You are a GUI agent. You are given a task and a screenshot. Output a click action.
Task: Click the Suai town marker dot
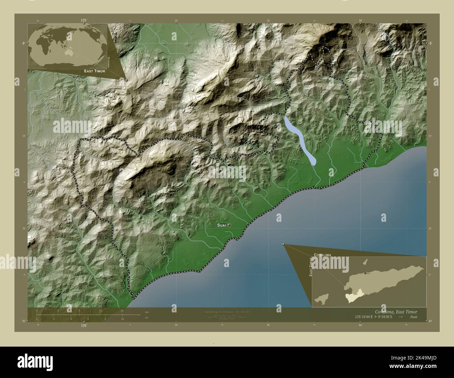pyautogui.click(x=229, y=226)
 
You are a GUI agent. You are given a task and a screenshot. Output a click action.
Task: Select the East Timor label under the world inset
pyautogui.click(x=95, y=71)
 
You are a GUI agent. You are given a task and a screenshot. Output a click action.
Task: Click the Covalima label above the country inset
pyautogui.click(x=322, y=255)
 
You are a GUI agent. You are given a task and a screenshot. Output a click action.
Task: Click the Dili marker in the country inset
pyautogui.click(x=366, y=273)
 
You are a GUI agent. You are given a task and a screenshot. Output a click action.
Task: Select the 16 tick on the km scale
pyautogui.click(x=122, y=310)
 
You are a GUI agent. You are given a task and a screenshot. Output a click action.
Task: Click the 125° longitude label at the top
pyautogui.click(x=84, y=21)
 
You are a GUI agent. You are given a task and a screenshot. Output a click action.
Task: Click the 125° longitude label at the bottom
pyautogui.click(x=84, y=325)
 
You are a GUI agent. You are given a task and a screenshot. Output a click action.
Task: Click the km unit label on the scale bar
pyautogui.click(x=147, y=312)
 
